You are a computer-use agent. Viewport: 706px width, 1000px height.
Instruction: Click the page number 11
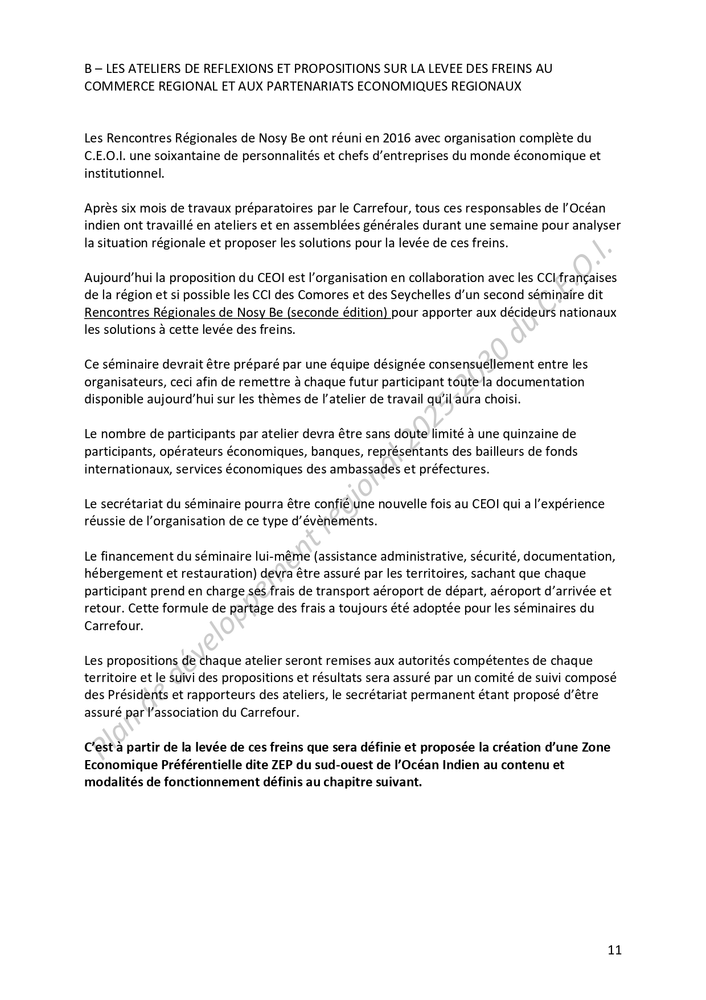[x=614, y=950]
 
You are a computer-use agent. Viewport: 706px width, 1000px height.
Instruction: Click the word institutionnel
[x=124, y=173]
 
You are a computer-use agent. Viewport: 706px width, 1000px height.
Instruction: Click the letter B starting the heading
[x=88, y=69]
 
